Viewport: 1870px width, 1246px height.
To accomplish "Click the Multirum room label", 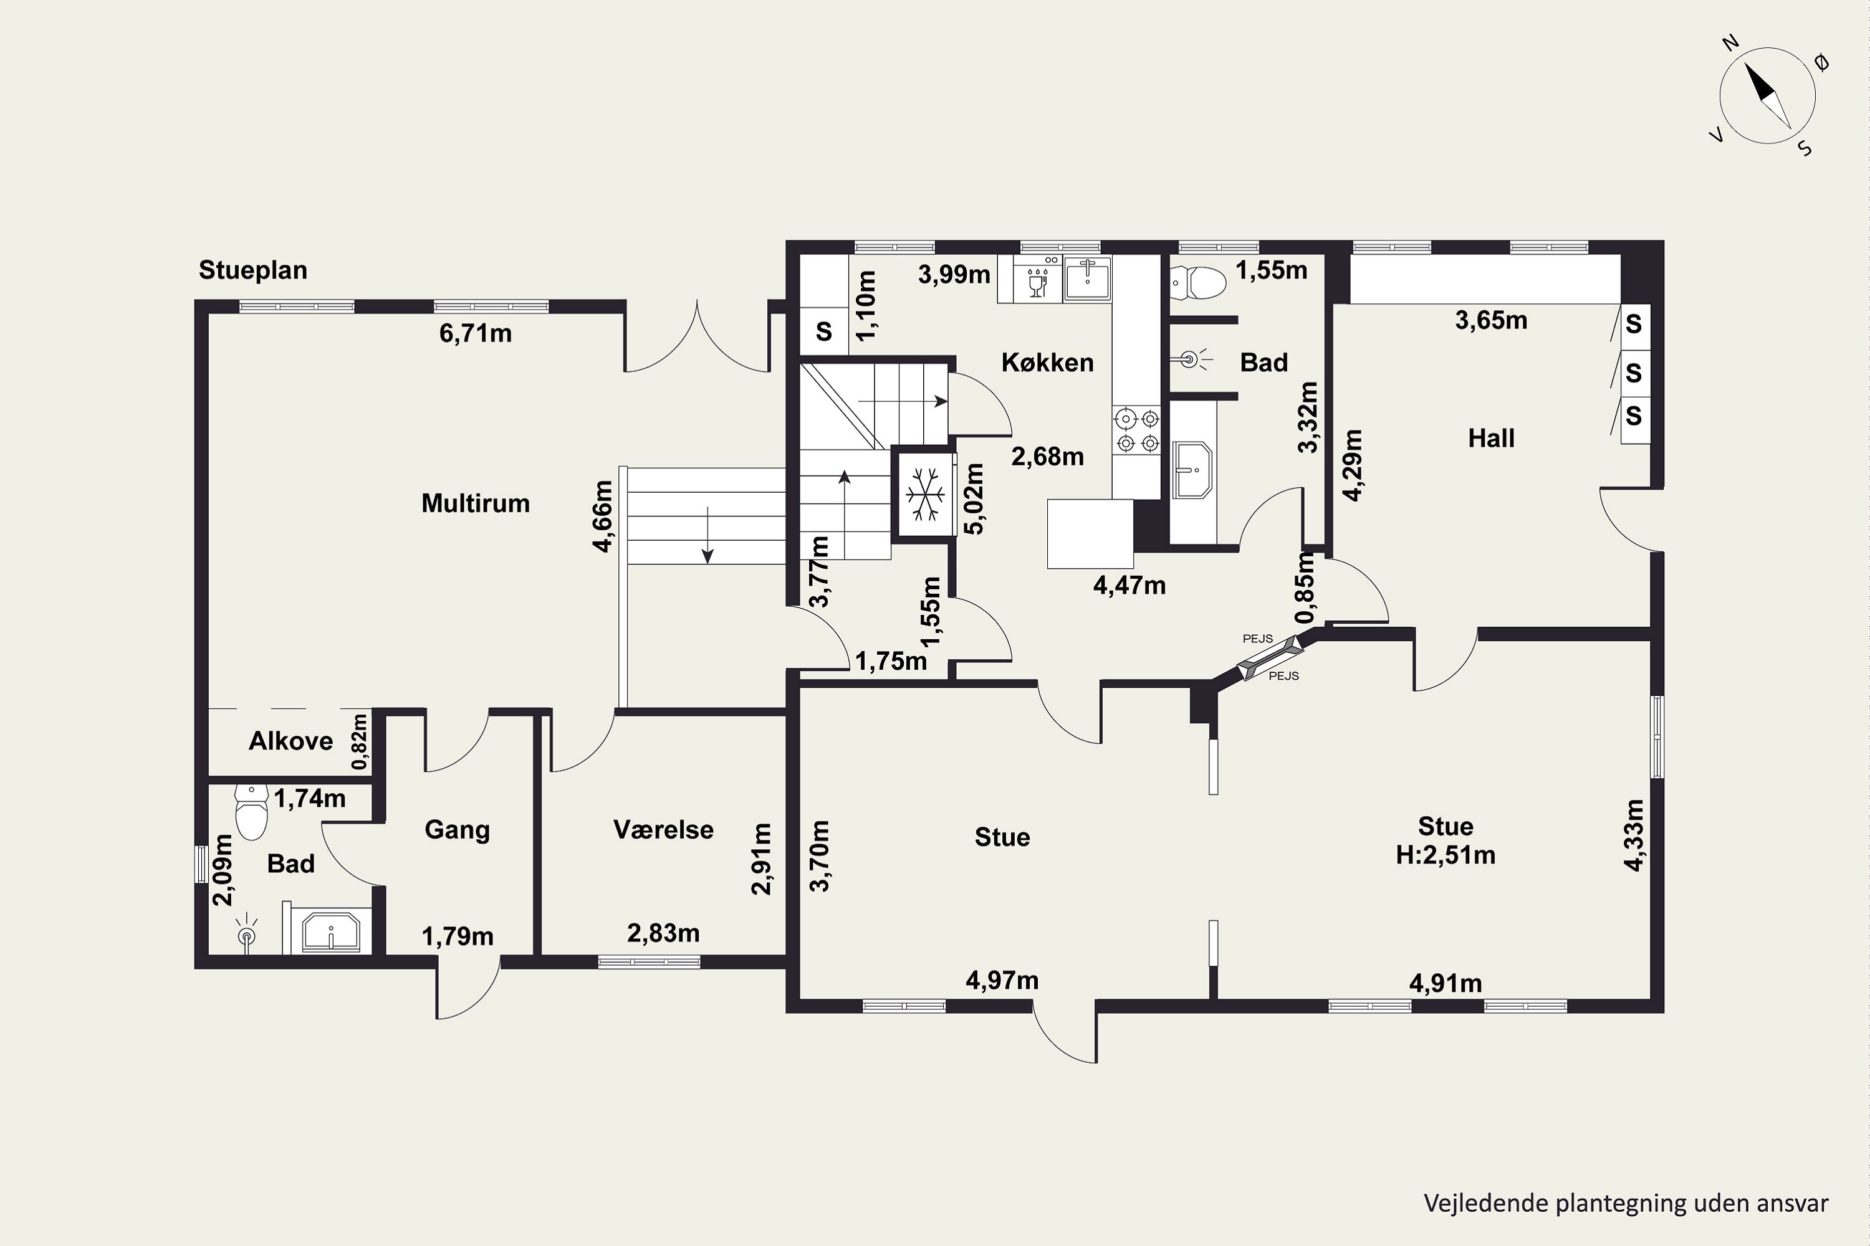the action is tap(476, 503).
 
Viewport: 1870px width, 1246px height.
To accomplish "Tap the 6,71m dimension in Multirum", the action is tap(476, 333).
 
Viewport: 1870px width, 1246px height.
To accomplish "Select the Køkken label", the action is tap(1047, 363).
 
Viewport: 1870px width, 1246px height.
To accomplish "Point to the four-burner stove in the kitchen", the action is tap(1137, 430).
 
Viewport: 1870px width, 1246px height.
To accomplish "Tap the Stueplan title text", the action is tap(253, 270).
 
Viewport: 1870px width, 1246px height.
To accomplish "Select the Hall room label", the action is tap(1491, 438).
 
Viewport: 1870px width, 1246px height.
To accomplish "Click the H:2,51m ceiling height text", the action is tap(1446, 855).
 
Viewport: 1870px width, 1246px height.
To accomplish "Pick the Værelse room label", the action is tap(663, 830).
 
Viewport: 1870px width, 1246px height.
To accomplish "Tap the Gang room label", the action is tap(457, 830).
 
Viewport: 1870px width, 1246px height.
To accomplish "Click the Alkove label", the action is tap(291, 741).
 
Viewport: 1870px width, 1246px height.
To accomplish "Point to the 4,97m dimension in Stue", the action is tap(1002, 981).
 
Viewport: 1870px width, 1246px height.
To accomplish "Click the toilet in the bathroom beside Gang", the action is tap(252, 813).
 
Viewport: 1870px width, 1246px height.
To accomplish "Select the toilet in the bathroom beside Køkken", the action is tap(1198, 282).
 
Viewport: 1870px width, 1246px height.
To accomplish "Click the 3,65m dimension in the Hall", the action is tap(1491, 320).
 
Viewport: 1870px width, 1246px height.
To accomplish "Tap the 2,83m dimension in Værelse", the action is tap(663, 933).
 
